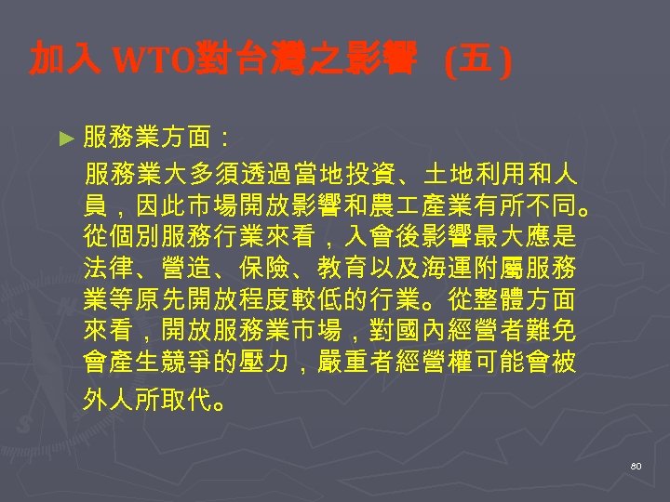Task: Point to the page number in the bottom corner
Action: tap(636, 464)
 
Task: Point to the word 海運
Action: tap(467, 269)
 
